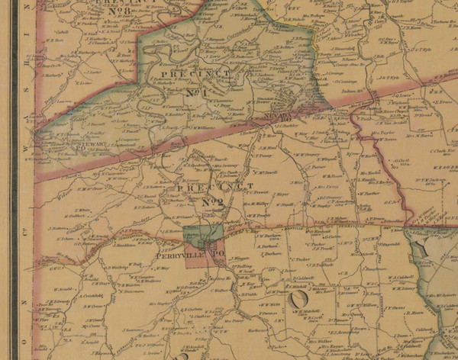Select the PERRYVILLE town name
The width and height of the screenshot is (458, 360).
tap(177, 256)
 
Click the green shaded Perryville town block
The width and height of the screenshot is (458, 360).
tap(202, 235)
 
